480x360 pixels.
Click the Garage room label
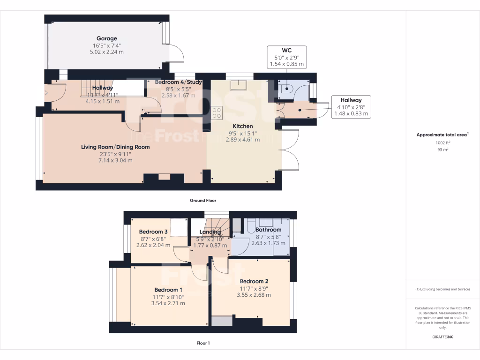click(106, 38)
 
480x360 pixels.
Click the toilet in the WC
click(286, 88)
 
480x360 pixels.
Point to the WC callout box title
click(287, 50)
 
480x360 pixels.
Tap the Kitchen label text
click(243, 126)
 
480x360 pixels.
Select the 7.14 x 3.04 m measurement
click(115, 160)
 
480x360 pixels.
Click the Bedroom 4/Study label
click(178, 82)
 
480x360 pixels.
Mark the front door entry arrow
click(45, 92)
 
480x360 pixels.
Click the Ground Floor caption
click(202, 200)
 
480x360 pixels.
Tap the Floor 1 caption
click(203, 343)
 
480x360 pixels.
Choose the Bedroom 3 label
click(153, 232)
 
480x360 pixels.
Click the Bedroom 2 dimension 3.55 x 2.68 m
click(253, 295)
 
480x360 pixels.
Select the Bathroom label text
click(268, 230)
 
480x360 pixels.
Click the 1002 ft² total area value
click(442, 142)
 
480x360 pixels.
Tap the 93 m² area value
click(442, 150)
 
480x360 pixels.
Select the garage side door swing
click(175, 53)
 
